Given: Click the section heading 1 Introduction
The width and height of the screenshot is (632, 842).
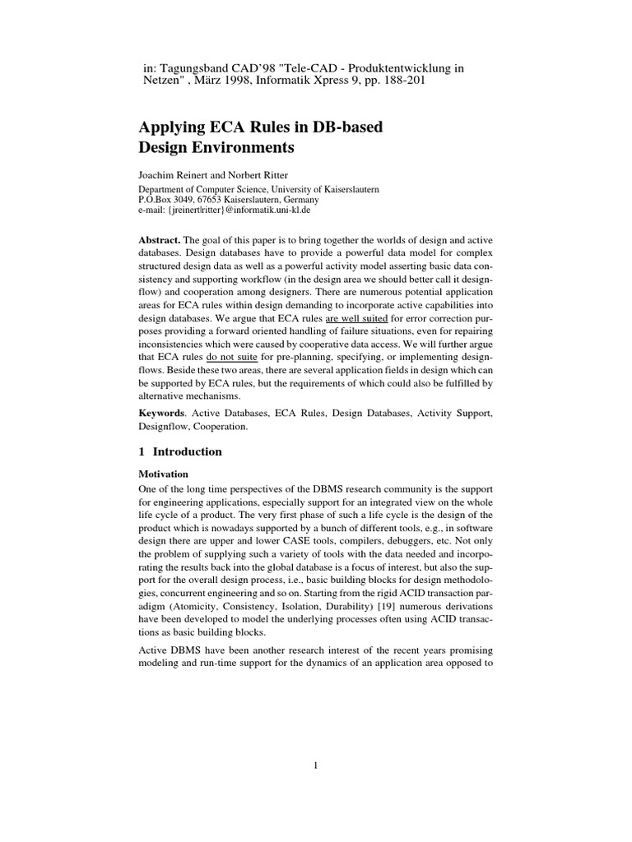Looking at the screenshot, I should (179, 451).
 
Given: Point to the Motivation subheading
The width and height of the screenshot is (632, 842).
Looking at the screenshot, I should (163, 474).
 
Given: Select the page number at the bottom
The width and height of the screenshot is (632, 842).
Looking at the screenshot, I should (315, 766).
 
